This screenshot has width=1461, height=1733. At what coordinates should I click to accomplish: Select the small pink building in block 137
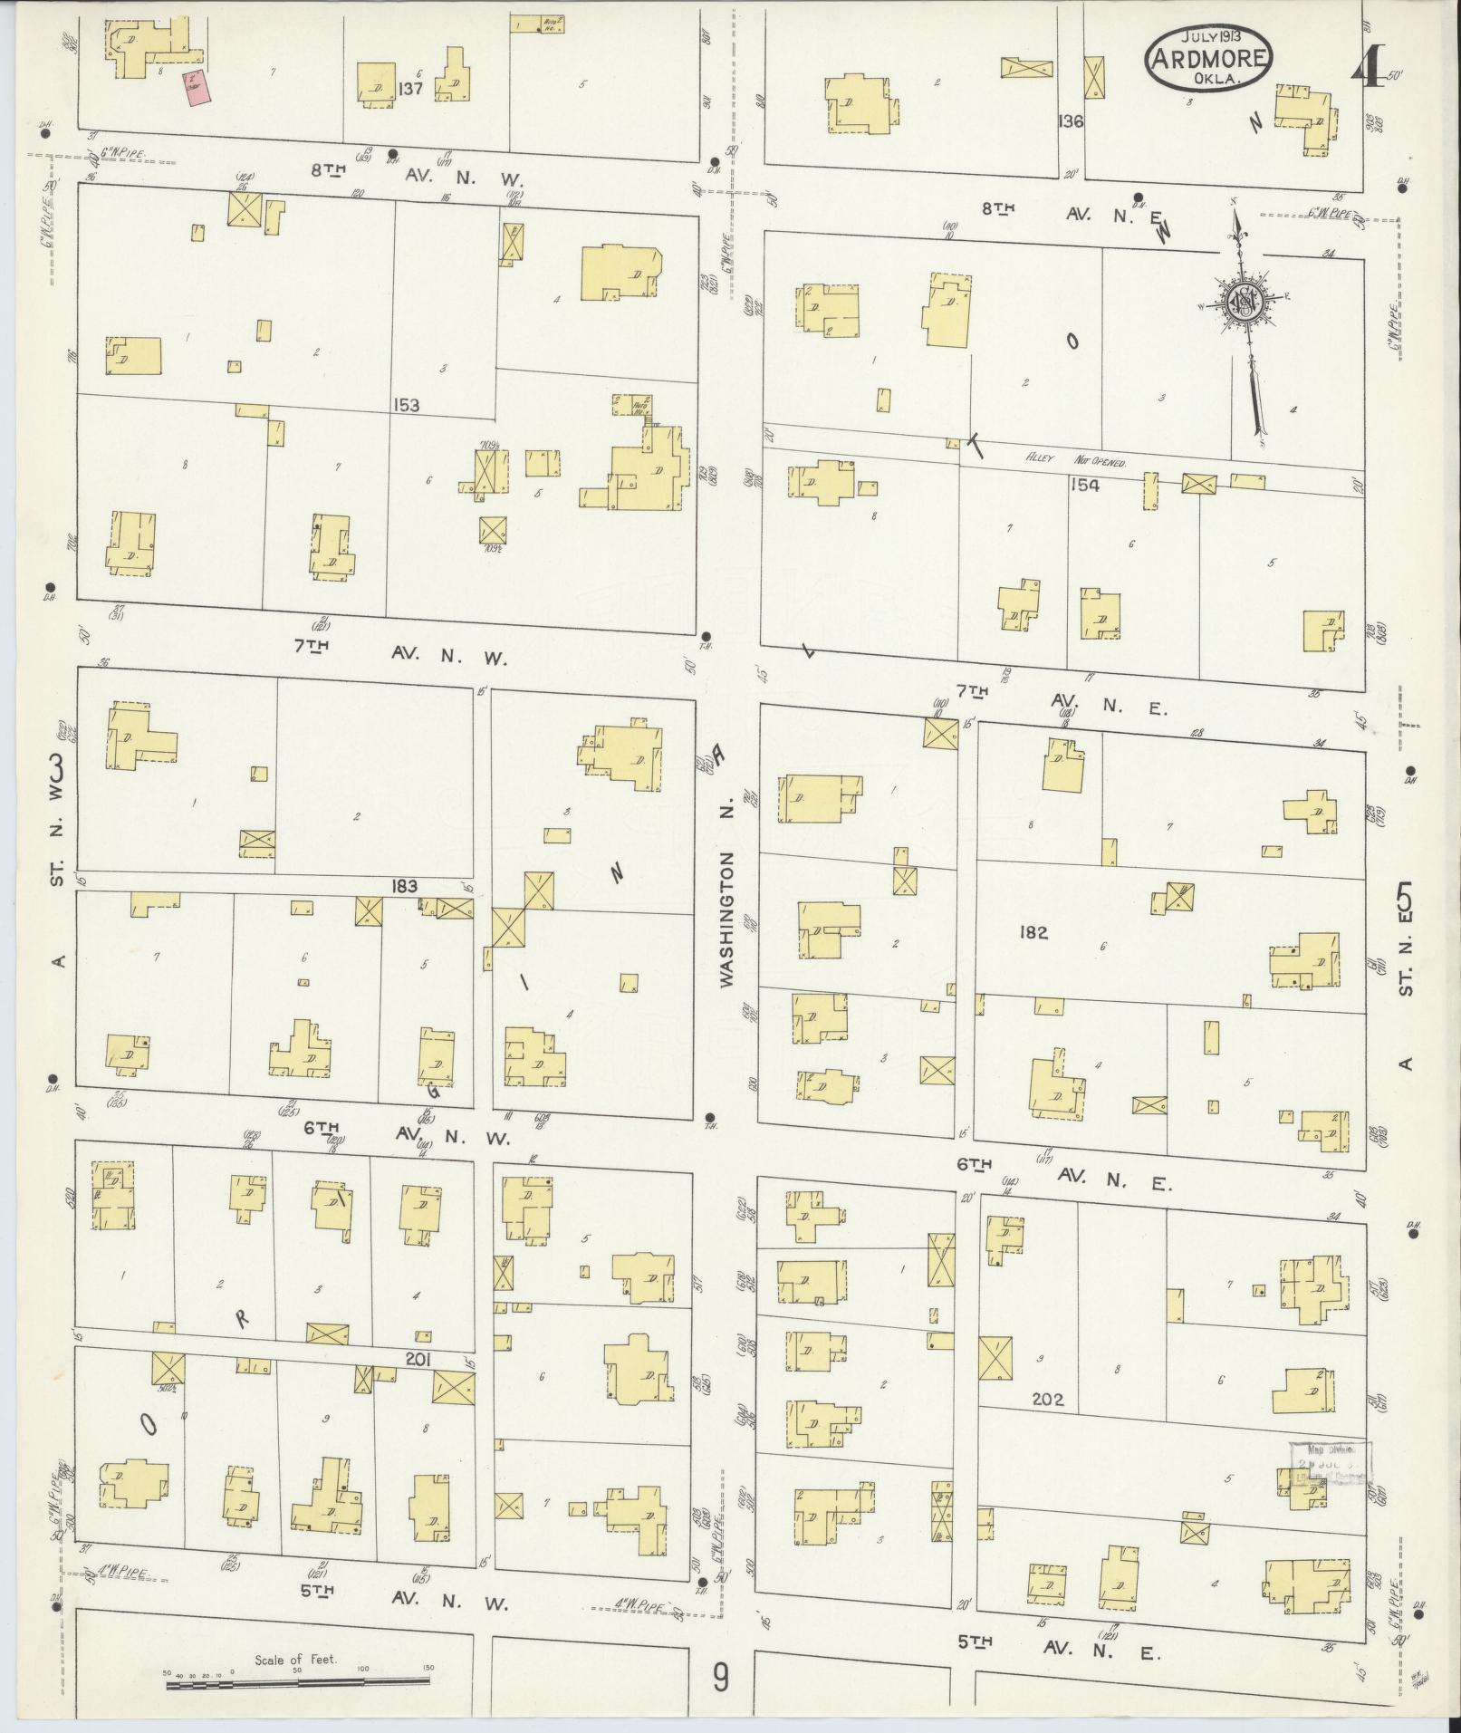pos(193,91)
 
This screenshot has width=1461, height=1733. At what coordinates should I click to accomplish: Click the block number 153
pos(407,405)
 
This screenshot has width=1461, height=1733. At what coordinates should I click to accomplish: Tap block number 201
pos(419,1360)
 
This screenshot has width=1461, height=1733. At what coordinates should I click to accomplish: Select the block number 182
pos(1033,932)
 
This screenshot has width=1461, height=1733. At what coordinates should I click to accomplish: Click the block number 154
pos(1083,486)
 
